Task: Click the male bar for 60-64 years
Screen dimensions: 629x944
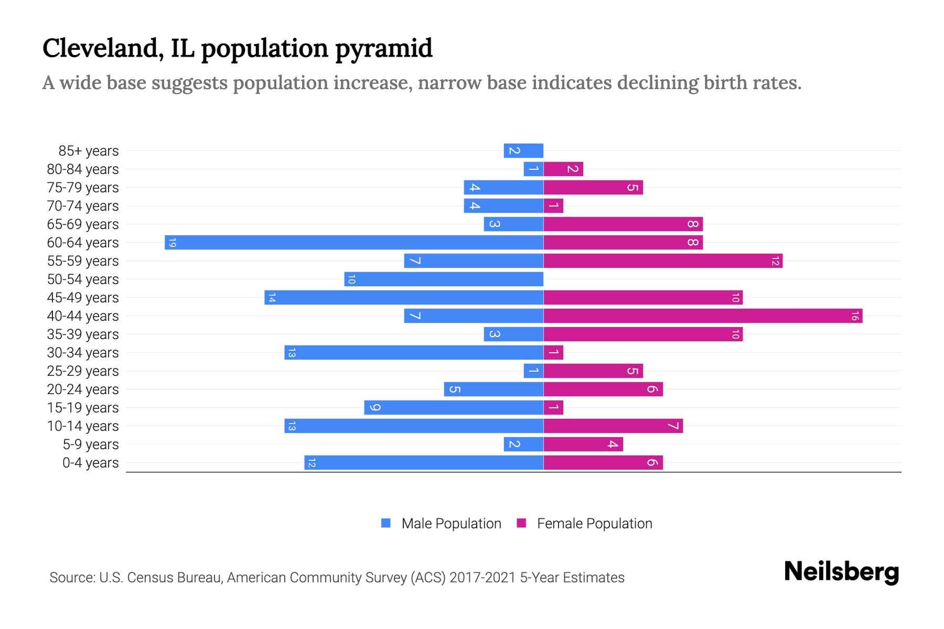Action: [354, 243]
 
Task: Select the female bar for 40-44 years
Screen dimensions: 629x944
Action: [703, 316]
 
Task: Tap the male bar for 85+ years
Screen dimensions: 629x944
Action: [523, 151]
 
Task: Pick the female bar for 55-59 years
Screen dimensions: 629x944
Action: [663, 261]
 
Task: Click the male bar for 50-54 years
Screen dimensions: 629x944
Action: [444, 279]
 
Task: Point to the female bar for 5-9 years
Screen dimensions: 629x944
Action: [583, 444]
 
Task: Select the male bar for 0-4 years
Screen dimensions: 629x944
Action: [424, 463]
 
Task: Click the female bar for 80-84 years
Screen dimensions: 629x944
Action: [563, 169]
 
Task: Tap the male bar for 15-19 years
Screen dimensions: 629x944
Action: [454, 408]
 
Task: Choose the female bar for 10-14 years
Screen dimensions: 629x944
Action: [613, 426]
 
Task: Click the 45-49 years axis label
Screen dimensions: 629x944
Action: [83, 298]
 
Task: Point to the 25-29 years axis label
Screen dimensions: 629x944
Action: [83, 371]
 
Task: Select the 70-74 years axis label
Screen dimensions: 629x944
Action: [83, 206]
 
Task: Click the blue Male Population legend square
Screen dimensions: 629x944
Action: [386, 523]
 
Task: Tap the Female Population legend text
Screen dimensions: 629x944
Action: [594, 524]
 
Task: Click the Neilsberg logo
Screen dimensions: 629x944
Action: [841, 572]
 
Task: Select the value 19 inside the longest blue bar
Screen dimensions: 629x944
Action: [172, 243]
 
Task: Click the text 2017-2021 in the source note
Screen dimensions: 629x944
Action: [482, 578]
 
